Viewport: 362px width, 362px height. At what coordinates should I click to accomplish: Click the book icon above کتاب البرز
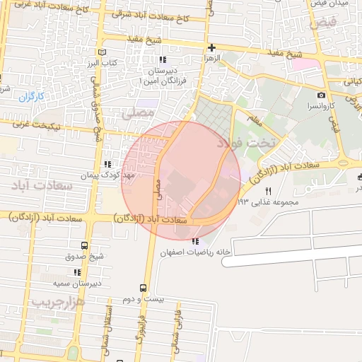click(103, 52)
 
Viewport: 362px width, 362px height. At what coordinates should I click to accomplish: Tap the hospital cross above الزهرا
click(211, 48)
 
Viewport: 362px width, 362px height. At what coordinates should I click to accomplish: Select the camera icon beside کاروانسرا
click(322, 95)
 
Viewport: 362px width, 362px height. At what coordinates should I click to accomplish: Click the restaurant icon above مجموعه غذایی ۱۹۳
click(268, 192)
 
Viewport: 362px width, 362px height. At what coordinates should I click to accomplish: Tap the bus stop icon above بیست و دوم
click(144, 288)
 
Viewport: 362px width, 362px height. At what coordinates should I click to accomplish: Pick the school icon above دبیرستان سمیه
click(76, 272)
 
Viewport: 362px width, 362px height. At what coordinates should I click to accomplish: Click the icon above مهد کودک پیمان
click(107, 164)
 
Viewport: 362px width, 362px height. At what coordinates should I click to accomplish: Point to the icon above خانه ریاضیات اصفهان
click(196, 242)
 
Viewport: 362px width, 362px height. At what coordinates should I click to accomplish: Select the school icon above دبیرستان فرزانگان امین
click(162, 60)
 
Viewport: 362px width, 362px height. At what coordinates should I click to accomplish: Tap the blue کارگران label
click(31, 95)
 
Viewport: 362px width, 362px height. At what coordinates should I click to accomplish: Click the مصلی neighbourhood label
click(137, 112)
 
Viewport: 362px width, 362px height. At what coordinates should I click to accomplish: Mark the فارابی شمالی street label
click(177, 326)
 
